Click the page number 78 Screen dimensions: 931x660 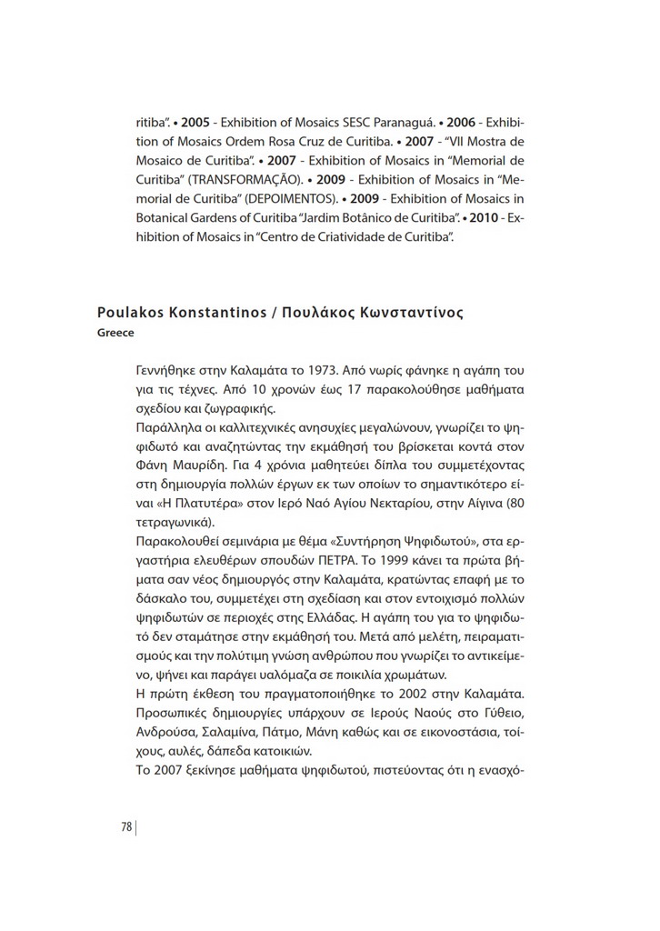click(x=126, y=826)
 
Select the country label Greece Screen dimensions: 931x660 click(x=115, y=333)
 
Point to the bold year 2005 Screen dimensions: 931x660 click(x=196, y=122)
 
